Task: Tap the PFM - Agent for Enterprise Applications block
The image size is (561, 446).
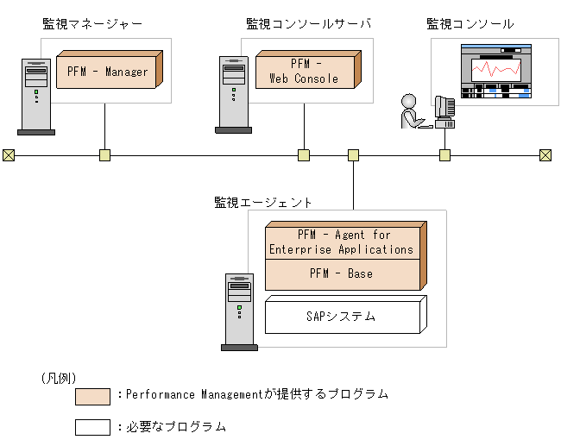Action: (x=342, y=242)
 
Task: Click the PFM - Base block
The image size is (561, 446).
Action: (x=342, y=273)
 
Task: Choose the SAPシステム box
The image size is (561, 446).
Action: (x=342, y=317)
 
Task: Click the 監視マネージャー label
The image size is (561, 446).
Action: (x=92, y=24)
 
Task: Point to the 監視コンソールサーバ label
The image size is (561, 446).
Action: (x=308, y=24)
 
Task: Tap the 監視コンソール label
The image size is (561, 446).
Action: (x=470, y=24)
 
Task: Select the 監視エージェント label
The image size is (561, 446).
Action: (x=263, y=202)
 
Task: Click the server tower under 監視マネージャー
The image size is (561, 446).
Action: (x=35, y=97)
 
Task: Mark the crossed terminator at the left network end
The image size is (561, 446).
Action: (x=9, y=155)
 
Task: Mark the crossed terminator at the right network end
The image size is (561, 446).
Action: (x=545, y=155)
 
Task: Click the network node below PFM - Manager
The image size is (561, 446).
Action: (x=104, y=155)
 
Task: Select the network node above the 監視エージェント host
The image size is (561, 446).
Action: (x=353, y=155)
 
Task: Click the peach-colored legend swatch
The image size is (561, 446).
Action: (x=92, y=396)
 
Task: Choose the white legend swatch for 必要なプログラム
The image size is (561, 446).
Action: (x=92, y=427)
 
